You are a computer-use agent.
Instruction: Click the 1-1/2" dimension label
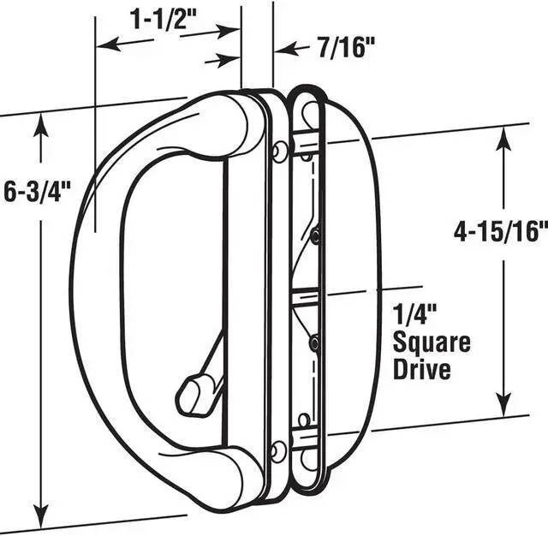(x=164, y=20)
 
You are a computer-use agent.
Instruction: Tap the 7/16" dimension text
(x=346, y=47)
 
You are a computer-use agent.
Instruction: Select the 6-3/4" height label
(x=38, y=192)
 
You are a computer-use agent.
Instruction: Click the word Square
(x=432, y=342)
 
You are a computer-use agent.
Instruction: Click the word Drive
(x=422, y=369)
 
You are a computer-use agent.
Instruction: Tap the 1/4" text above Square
(x=415, y=315)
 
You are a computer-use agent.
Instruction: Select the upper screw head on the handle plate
(x=279, y=152)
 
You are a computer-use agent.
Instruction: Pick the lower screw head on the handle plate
(x=279, y=451)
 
